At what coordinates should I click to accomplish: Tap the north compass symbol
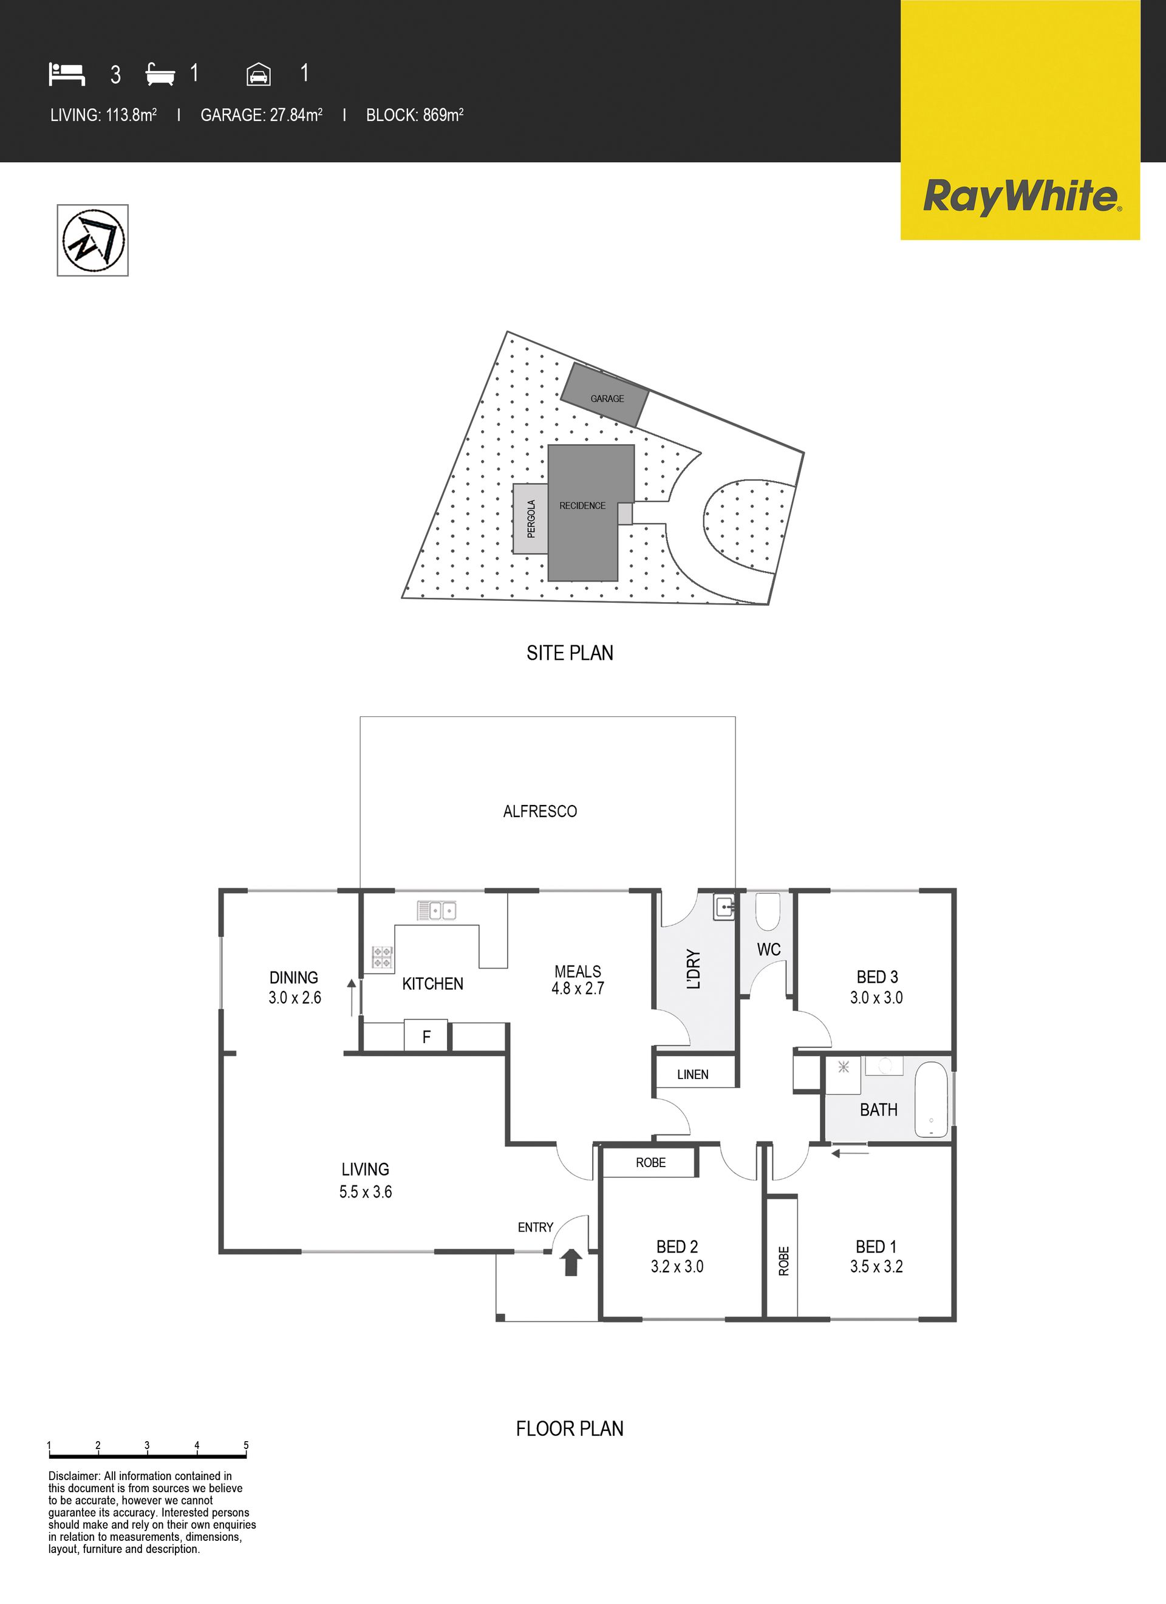point(93,241)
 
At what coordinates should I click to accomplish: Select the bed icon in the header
point(66,74)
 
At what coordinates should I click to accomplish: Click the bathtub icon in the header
point(160,74)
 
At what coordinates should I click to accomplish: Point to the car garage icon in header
point(259,74)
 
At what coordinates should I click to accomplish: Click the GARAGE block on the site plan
point(605,395)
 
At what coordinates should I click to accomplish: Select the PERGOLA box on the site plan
point(530,519)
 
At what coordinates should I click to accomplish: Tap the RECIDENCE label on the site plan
point(582,506)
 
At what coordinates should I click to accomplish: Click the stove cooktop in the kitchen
point(383,958)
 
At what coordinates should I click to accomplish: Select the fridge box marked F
point(426,1036)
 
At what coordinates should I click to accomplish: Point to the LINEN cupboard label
point(692,1074)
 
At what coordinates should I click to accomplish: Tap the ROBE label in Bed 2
point(650,1163)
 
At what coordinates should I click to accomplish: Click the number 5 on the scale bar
point(246,1445)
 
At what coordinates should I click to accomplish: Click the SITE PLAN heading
point(570,653)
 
